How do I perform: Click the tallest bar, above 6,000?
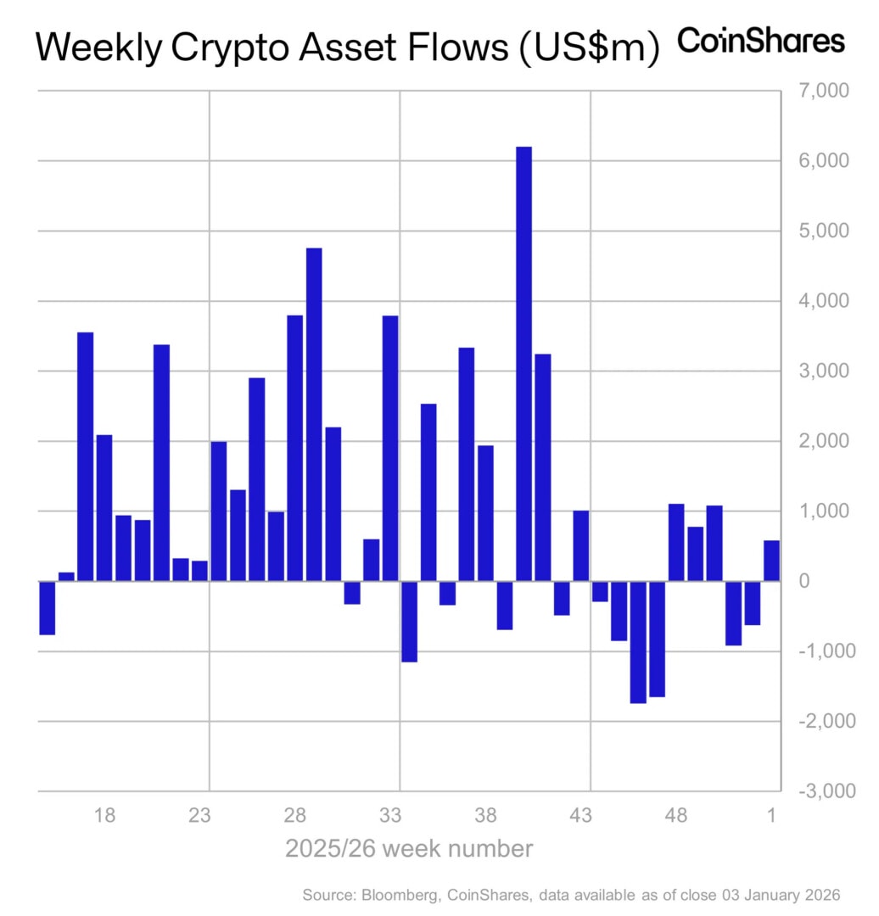tap(523, 365)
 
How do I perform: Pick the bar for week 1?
tap(771, 561)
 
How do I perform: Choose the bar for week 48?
tap(676, 542)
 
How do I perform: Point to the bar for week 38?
tap(485, 513)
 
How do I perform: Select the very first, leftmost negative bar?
tap(48, 607)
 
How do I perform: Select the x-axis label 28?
tap(294, 817)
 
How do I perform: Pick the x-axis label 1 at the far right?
tap(771, 817)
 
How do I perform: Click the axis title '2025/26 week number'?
tap(409, 849)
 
